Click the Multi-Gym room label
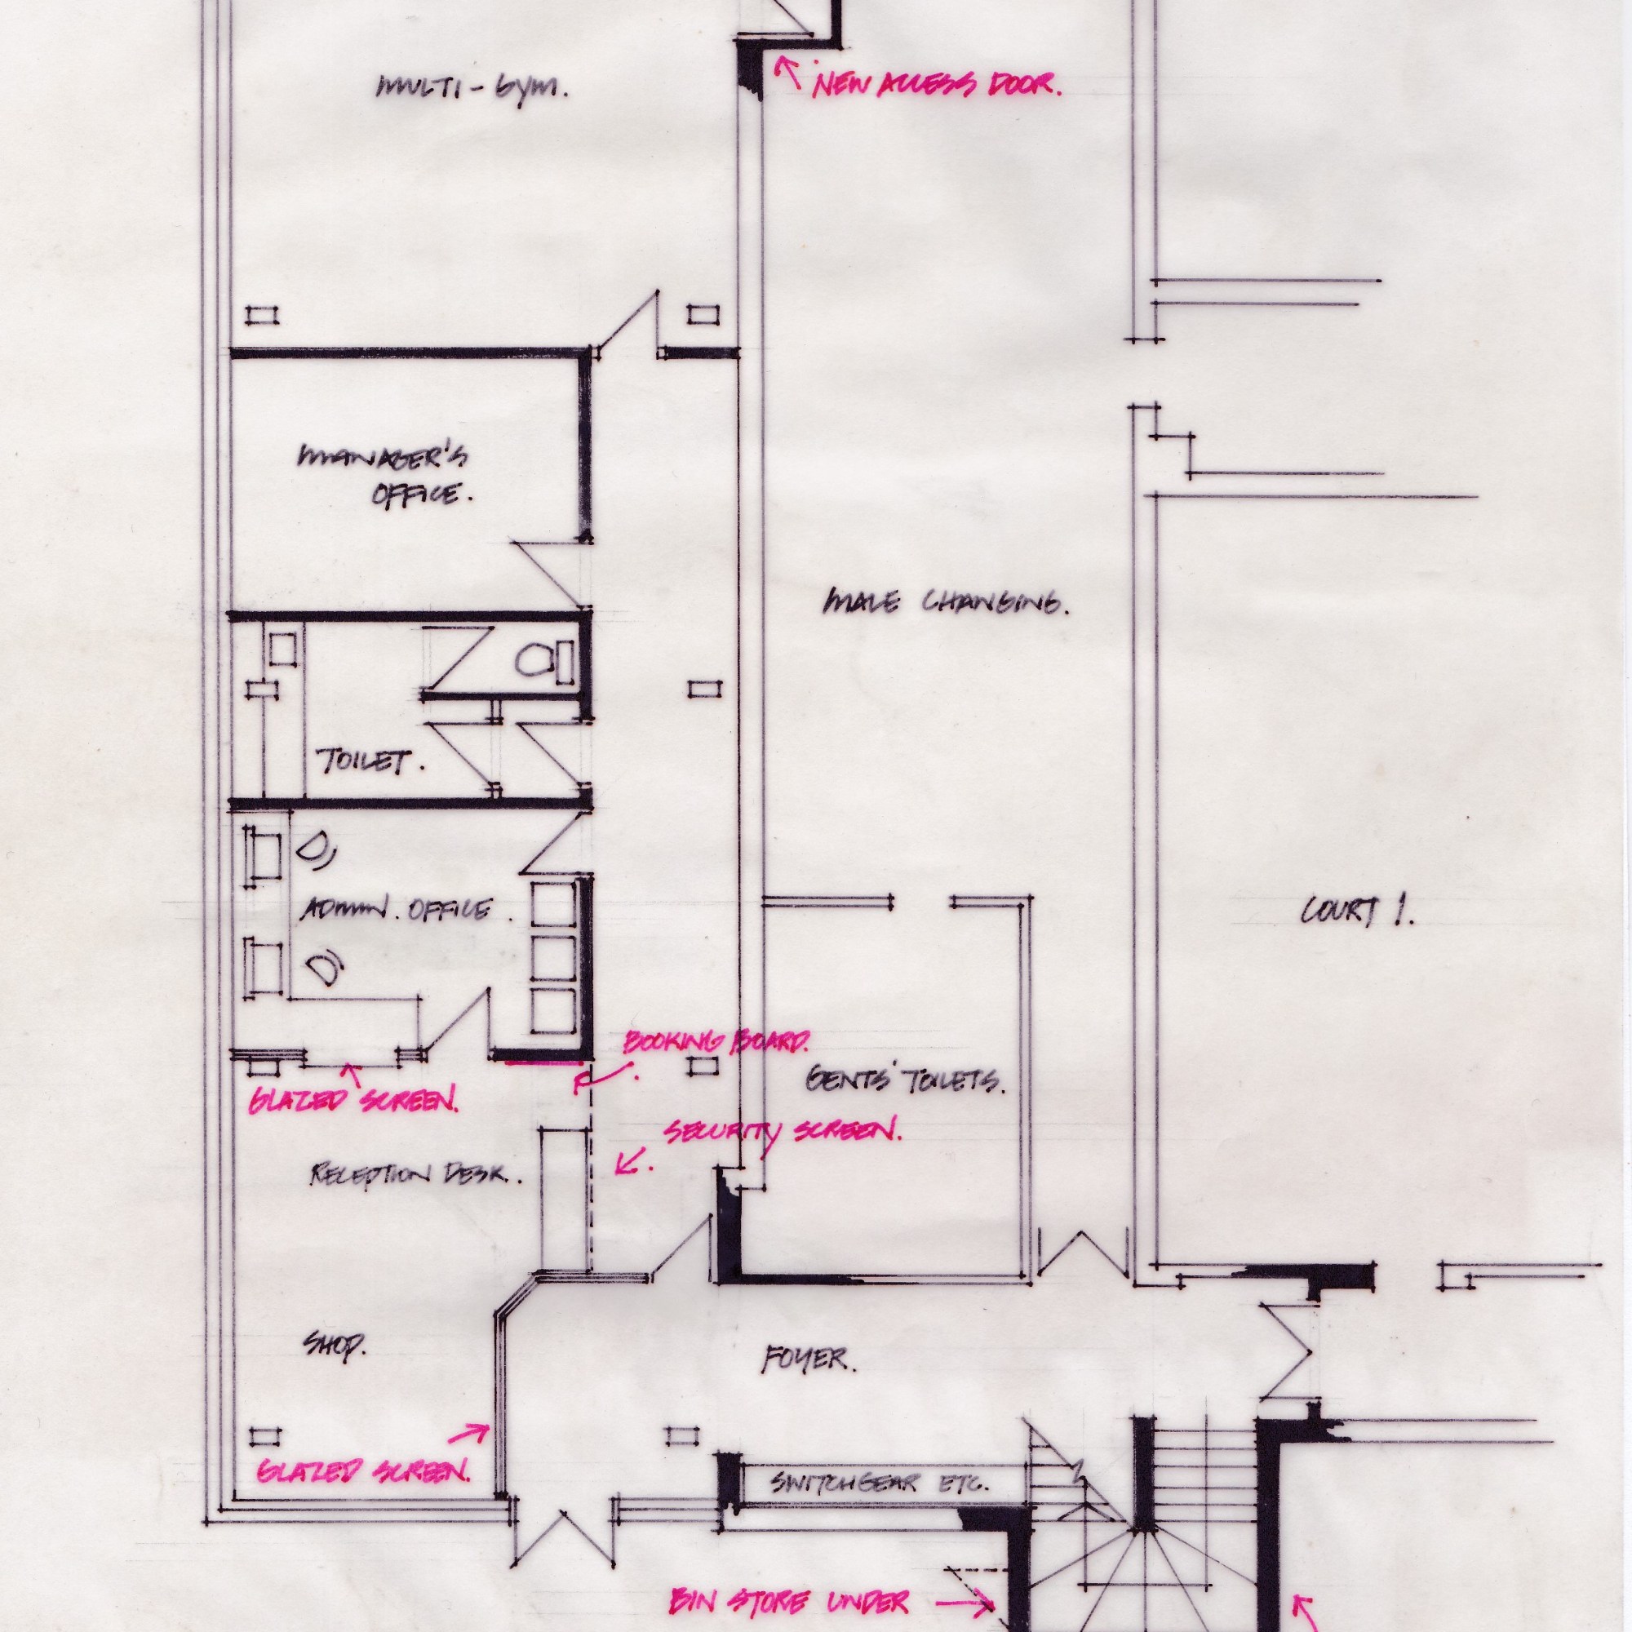[x=472, y=88]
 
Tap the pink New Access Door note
[x=937, y=85]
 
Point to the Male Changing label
[x=944, y=603]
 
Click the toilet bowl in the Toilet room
[x=534, y=659]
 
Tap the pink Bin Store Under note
[x=791, y=1601]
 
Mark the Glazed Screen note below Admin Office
[x=353, y=1101]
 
